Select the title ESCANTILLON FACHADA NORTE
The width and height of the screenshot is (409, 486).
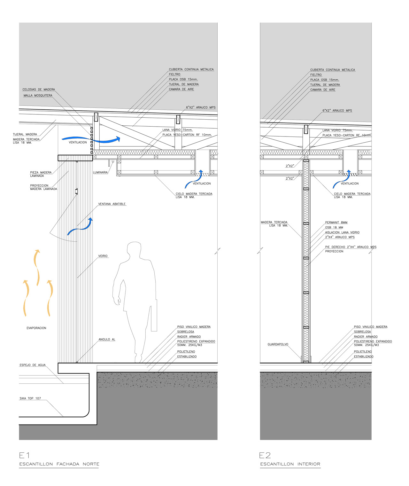pyautogui.click(x=59, y=464)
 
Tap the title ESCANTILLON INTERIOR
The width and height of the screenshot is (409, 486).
pyautogui.click(x=290, y=464)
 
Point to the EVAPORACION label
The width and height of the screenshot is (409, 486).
pyautogui.click(x=36, y=328)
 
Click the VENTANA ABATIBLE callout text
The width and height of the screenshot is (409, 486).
pyautogui.click(x=112, y=204)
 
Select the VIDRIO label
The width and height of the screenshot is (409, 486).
pyautogui.click(x=103, y=256)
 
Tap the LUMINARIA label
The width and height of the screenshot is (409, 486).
pyautogui.click(x=100, y=172)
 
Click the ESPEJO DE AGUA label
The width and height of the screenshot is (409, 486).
pyautogui.click(x=33, y=365)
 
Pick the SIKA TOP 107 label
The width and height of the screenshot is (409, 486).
pyautogui.click(x=30, y=398)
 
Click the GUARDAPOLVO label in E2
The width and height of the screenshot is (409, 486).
pyautogui.click(x=278, y=344)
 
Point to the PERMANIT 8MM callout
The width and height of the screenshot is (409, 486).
pyautogui.click(x=336, y=222)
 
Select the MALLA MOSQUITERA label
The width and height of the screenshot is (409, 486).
pyautogui.click(x=38, y=95)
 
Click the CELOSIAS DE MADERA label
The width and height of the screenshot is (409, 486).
pyautogui.click(x=39, y=90)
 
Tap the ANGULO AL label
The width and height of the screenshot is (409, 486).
pyautogui.click(x=107, y=339)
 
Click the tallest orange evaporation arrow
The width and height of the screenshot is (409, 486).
pyautogui.click(x=37, y=268)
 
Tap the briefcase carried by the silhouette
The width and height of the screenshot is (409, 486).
pyautogui.click(x=154, y=315)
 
